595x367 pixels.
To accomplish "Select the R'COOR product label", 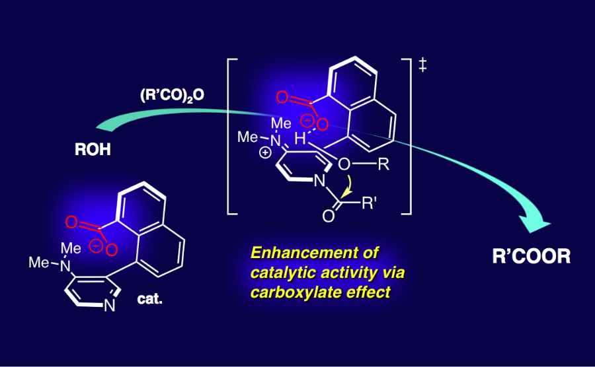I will [x=531, y=257].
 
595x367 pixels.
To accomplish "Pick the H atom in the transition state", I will [x=301, y=139].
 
